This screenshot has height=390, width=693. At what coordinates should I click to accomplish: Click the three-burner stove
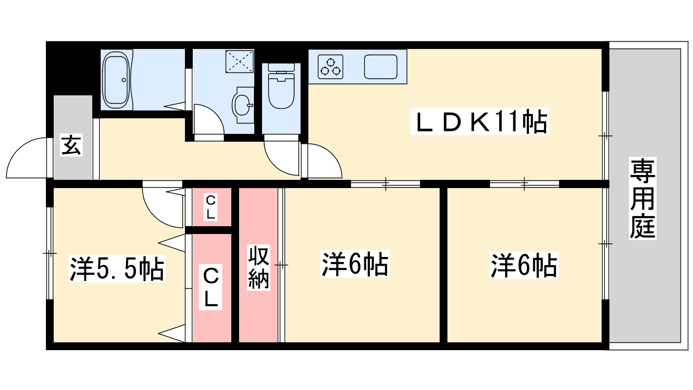pyautogui.click(x=330, y=66)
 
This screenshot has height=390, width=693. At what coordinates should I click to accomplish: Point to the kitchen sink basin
pyautogui.click(x=381, y=66)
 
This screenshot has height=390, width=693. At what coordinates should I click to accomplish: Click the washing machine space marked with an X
pyautogui.click(x=240, y=61)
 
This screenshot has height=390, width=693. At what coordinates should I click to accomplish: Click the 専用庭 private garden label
pyautogui.click(x=642, y=198)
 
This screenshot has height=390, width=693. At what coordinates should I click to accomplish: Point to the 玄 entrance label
pyautogui.click(x=71, y=145)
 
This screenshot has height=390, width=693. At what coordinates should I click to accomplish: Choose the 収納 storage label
pyautogui.click(x=259, y=267)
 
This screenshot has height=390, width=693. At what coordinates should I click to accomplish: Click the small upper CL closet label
pyautogui.click(x=210, y=207)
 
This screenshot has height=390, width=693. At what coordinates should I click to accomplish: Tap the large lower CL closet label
pyautogui.click(x=210, y=287)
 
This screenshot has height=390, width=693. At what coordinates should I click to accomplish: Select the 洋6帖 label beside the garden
pyautogui.click(x=524, y=265)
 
